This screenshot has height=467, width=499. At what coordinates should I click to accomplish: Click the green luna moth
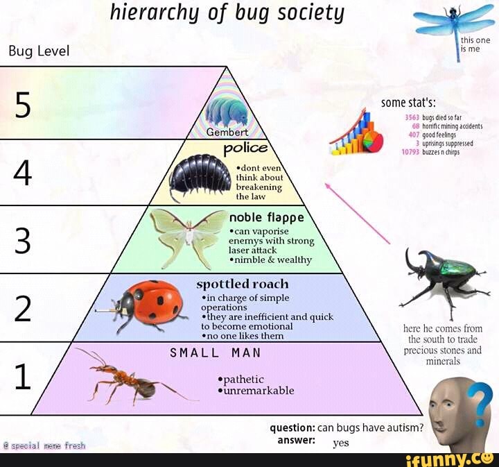point(189,236)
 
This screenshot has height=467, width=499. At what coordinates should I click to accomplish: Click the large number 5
point(23,105)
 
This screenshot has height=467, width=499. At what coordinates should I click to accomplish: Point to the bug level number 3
point(23,241)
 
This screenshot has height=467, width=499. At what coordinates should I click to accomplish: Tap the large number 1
point(23,378)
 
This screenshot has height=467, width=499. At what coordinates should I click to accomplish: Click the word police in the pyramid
point(245,148)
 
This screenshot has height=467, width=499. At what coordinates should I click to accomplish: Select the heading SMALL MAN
point(216,353)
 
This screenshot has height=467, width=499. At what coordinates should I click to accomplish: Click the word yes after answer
point(341,442)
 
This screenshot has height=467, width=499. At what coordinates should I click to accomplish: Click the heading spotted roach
point(243,284)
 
